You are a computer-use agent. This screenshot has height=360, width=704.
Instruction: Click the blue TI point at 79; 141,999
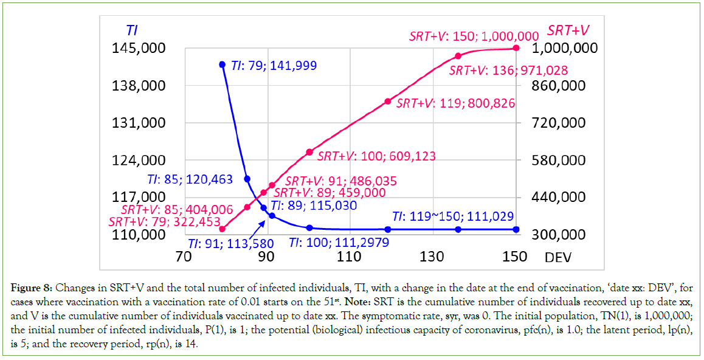coord(223,64)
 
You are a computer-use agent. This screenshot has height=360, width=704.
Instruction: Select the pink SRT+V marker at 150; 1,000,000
coord(516,48)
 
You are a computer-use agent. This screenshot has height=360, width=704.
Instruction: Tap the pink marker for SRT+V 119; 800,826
coord(388,101)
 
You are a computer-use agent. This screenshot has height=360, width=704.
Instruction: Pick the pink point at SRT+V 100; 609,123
coord(309,152)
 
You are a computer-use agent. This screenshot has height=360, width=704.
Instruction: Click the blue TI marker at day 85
coord(247,179)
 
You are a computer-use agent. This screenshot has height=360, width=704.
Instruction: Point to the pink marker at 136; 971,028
coord(458,56)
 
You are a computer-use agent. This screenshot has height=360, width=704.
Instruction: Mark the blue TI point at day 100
coord(309,228)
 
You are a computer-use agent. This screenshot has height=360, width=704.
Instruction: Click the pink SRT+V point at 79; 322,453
coord(223,229)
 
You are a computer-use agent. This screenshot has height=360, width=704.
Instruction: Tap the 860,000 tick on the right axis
coord(557,85)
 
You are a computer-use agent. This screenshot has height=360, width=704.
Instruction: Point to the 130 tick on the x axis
coord(433,257)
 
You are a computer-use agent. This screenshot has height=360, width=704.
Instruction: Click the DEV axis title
coord(558,257)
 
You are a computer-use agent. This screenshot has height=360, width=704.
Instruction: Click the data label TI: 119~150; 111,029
coord(453,216)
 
